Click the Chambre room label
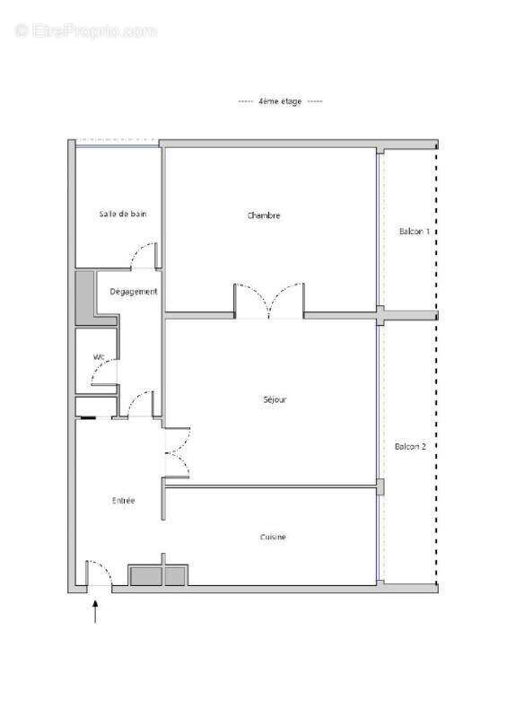tap(264, 215)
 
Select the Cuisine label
tap(273, 537)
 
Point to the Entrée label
tap(123, 501)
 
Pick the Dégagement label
tap(133, 292)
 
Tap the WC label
tap(100, 357)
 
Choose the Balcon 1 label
tap(414, 232)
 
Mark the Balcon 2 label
tap(410, 447)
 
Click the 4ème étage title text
tap(280, 102)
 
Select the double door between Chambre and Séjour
tap(269, 301)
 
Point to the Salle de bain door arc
tap(144, 256)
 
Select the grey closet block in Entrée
tap(159, 575)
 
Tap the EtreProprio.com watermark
tap(85, 31)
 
